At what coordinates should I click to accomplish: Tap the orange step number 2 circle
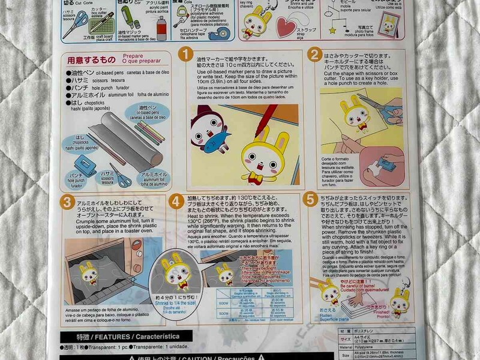(314, 55)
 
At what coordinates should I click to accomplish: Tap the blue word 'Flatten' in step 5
(328, 311)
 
